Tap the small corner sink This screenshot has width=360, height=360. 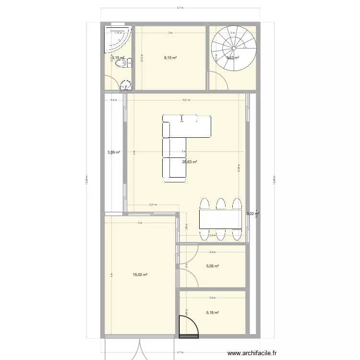[x=125, y=85]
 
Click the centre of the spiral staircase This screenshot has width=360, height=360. [x=234, y=48]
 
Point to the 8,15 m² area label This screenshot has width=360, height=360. [x=170, y=58]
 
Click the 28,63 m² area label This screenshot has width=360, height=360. [x=190, y=162]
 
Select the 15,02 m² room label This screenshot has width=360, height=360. [x=140, y=275]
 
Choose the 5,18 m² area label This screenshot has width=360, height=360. [x=212, y=312]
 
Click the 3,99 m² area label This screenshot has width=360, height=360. [x=113, y=153]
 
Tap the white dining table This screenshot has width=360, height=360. [x=220, y=219]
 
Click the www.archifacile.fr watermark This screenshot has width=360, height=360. [x=252, y=353]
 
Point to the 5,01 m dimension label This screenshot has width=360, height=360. [x=186, y=100]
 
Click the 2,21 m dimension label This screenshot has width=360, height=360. [x=152, y=205]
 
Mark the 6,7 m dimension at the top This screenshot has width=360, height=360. [x=180, y=8]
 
